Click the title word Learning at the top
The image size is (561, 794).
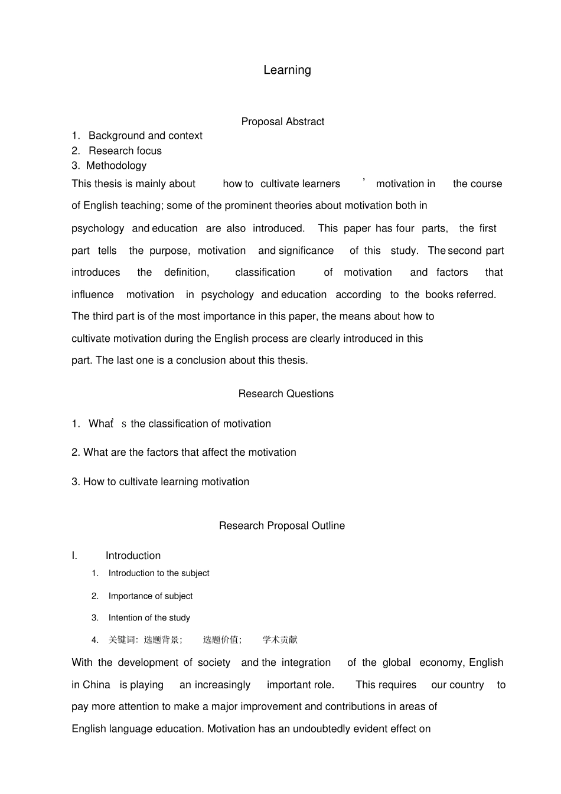click(x=287, y=70)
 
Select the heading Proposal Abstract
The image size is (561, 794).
click(x=282, y=122)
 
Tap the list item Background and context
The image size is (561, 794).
click(x=145, y=136)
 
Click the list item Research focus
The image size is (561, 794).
click(x=125, y=151)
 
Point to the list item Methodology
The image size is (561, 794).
click(x=116, y=166)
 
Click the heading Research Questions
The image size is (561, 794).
click(x=286, y=394)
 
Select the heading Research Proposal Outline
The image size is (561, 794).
click(x=282, y=525)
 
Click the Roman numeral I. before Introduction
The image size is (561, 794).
click(x=74, y=556)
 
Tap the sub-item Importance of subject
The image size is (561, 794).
click(x=150, y=596)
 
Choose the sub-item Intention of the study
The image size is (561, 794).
click(x=149, y=618)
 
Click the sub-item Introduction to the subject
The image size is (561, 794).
click(x=158, y=573)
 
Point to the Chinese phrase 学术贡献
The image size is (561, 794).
click(x=280, y=640)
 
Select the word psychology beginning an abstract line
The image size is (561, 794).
click(x=97, y=228)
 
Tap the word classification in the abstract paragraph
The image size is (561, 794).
click(x=265, y=273)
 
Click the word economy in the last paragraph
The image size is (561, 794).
click(x=442, y=663)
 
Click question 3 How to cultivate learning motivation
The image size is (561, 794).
click(x=160, y=482)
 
